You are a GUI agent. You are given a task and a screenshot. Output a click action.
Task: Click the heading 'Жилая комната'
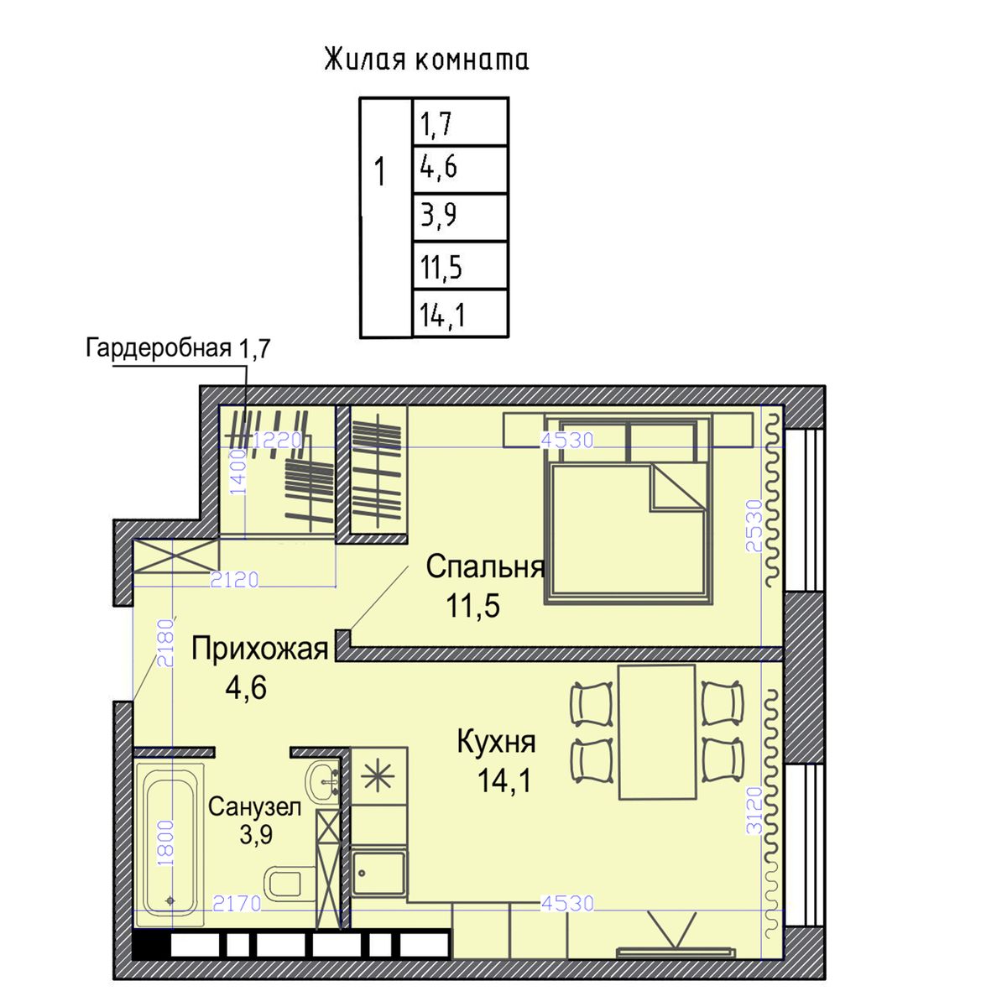click(426, 60)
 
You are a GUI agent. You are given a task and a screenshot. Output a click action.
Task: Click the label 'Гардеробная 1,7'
click(178, 348)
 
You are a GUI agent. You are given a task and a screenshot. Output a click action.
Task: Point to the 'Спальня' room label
click(485, 567)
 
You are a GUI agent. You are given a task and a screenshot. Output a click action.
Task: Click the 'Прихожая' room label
click(259, 649)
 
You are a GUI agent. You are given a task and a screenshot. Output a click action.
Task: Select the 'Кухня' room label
click(496, 743)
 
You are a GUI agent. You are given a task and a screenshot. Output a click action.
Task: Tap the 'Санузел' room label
click(254, 807)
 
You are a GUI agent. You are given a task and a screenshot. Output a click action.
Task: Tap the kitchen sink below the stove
click(378, 873)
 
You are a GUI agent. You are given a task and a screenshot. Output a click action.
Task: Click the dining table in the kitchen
click(657, 732)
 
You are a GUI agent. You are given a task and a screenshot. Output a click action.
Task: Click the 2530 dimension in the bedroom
click(754, 525)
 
